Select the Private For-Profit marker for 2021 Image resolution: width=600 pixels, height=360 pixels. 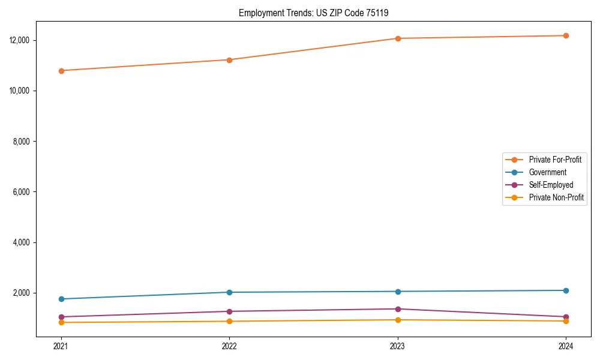(x=61, y=71)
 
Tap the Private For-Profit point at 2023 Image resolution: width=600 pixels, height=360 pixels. (x=398, y=38)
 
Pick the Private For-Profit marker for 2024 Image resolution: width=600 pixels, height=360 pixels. (x=566, y=35)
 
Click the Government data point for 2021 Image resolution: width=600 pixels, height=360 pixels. (x=61, y=299)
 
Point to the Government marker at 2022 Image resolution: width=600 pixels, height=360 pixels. (x=229, y=292)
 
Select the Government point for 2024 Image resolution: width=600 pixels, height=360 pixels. (x=566, y=290)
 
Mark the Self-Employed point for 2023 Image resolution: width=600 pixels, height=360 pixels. (x=398, y=309)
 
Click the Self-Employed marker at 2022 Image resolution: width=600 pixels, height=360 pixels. (x=229, y=311)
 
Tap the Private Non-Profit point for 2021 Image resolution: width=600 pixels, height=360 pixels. (x=61, y=322)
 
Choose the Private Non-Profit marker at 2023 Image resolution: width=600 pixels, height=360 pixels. (x=398, y=320)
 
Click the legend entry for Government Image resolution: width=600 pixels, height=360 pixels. (x=547, y=172)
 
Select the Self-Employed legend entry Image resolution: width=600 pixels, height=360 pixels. (x=551, y=185)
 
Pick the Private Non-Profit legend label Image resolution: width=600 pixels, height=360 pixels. (x=556, y=197)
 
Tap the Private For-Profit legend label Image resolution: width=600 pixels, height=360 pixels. (x=555, y=160)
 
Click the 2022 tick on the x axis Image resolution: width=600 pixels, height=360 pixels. (x=229, y=346)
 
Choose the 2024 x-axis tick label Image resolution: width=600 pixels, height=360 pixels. (x=566, y=346)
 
